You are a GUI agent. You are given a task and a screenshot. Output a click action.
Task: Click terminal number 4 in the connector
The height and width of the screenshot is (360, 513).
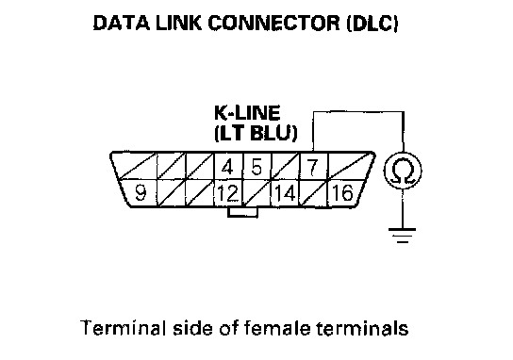coord(227,167)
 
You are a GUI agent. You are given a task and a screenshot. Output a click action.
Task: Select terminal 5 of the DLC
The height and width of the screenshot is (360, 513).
coord(256,167)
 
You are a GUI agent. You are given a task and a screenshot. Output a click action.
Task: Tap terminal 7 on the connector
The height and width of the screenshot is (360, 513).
coord(313,167)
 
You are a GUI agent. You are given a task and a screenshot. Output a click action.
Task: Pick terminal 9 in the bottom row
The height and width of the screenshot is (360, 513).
coord(141,193)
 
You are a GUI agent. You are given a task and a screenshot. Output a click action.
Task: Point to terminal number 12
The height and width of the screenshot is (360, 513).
coord(228,193)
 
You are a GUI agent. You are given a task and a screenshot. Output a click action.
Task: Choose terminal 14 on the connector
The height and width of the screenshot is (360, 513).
coord(286,193)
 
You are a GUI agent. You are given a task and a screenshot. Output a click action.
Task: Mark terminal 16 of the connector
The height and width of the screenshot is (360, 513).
coord(342,192)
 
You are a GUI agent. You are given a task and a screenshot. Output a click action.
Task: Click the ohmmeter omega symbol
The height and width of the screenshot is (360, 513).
coord(403,171)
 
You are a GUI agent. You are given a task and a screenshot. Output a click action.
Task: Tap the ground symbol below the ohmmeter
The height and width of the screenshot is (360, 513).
coord(403,236)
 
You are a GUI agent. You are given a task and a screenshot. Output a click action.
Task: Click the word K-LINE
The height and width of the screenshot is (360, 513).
coord(247,113)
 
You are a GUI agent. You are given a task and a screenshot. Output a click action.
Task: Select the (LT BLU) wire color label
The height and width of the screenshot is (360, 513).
coord(256,134)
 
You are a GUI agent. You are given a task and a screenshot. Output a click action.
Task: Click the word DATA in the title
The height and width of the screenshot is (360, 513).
coord(122,24)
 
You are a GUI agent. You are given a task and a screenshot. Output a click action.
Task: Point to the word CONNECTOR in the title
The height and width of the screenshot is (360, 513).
coord(274,24)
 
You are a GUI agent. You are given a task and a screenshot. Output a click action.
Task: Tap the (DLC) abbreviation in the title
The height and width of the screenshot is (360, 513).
coord(372,24)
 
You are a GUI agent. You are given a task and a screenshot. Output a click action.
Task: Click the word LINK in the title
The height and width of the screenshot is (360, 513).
coord(178,24)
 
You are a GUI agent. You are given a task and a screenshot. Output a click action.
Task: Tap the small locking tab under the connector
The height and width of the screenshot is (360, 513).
coord(242,212)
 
